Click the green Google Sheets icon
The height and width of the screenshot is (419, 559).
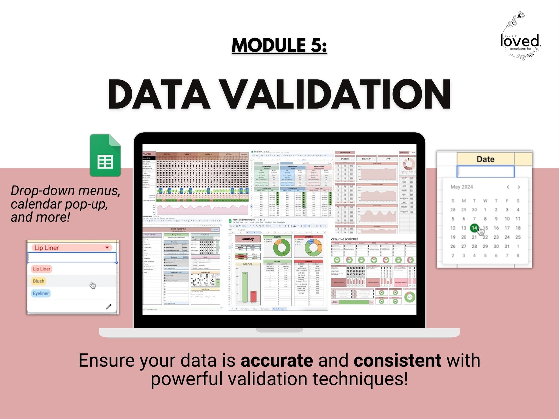pyautogui.click(x=105, y=155)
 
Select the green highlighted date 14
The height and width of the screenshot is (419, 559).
pyautogui.click(x=474, y=228)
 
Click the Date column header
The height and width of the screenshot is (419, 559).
pyautogui.click(x=485, y=159)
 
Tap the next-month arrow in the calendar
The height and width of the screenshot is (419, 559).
pyautogui.click(x=519, y=187)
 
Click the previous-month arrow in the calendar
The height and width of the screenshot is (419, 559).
pyautogui.click(x=508, y=187)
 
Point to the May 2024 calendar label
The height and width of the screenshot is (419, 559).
pyautogui.click(x=462, y=187)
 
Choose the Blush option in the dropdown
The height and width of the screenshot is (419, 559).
pyautogui.click(x=39, y=281)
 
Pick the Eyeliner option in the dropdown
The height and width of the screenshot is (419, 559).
pyautogui.click(x=41, y=293)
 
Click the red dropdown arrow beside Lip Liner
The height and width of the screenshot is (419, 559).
pyautogui.click(x=107, y=248)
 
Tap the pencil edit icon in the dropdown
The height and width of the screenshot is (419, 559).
pyautogui.click(x=109, y=307)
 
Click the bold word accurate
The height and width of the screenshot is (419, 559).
pyautogui.click(x=277, y=361)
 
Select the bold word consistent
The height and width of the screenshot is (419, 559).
pyautogui.click(x=397, y=361)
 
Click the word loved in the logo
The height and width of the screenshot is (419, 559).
pyautogui.click(x=520, y=41)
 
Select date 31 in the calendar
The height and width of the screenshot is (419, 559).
pyautogui.click(x=507, y=246)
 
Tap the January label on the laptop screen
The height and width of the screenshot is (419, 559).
pyautogui.click(x=248, y=239)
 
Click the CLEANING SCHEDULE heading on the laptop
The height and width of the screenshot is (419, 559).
pyautogui.click(x=345, y=239)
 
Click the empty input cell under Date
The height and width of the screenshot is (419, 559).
pyautogui.click(x=485, y=172)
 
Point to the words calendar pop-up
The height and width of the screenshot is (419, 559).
pyautogui.click(x=59, y=204)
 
